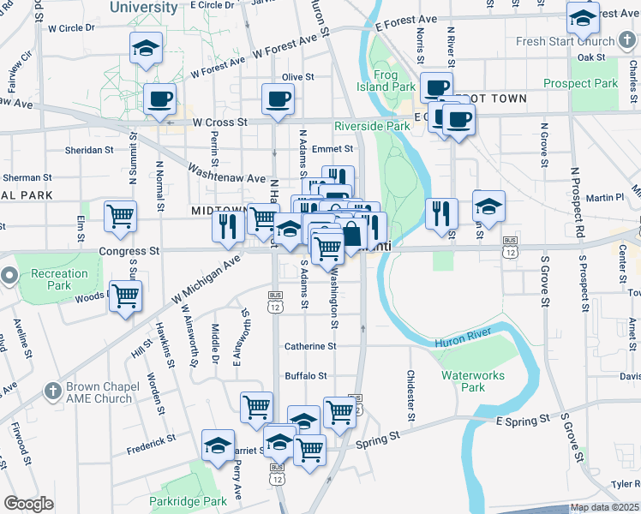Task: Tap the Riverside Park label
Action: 372,125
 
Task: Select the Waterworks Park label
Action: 463,381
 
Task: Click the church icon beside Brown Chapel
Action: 52,391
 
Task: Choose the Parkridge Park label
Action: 188,501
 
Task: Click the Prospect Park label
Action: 580,84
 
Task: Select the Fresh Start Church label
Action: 565,41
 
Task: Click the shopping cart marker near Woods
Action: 126,296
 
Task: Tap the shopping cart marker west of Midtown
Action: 121,216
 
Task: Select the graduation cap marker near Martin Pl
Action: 488,206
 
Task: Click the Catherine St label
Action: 310,346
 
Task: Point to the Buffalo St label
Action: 307,376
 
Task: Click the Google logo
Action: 28,504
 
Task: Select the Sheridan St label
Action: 89,150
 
